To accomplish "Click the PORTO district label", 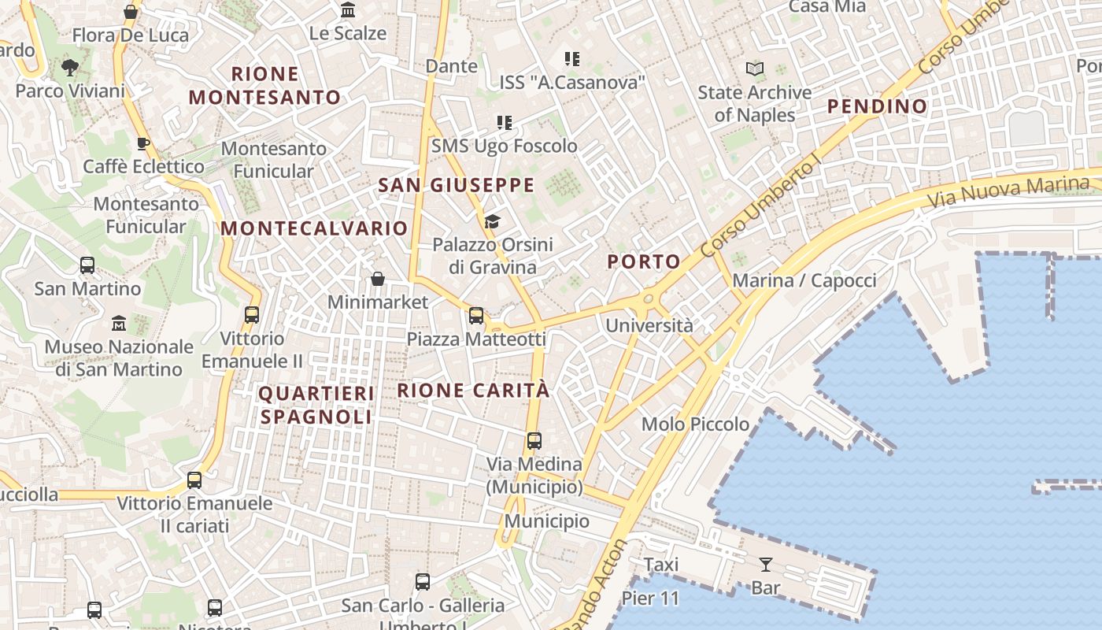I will pos(644,262).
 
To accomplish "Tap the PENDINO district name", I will pos(877,106).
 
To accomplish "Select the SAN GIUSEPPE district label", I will pos(457,186).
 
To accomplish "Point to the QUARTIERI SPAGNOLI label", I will pos(316,405).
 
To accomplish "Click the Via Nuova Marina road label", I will pos(1008,190).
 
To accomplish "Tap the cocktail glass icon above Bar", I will pos(765,564).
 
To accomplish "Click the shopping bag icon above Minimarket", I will pos(378,279).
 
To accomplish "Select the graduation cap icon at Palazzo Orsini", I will pos(493,221).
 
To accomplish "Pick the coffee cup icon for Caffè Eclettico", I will pos(142,143).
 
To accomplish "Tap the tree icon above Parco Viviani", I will pos(70,68).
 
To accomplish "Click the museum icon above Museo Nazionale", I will pos(119,323).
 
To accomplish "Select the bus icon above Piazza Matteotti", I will pos(476,316).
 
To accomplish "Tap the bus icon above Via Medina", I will pos(534,440).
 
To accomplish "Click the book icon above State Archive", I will pos(755,69).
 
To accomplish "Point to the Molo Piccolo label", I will pos(695,424).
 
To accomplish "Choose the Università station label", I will pos(649,325).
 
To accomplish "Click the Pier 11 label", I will pos(650,598).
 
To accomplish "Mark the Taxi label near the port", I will pos(661,565).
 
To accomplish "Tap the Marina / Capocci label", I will pos(804,281).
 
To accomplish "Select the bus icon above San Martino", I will pos(87,265).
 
